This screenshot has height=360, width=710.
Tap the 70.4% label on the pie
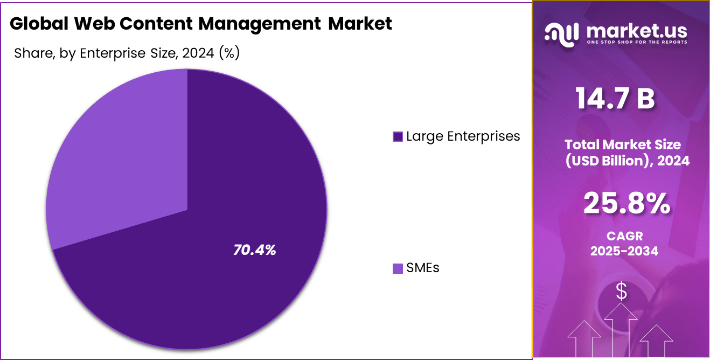coord(254,250)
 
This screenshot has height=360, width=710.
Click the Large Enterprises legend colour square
coord(398,137)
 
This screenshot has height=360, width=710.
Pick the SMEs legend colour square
coord(398,268)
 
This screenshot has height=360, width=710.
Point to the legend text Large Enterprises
coord(463,136)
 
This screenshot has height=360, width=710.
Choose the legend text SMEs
coord(423,268)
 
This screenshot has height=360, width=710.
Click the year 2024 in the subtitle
coord(199,53)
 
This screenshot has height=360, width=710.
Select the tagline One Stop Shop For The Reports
coord(636,42)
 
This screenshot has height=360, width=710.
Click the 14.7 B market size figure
coord(615,99)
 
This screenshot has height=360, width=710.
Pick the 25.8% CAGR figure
coord(627,204)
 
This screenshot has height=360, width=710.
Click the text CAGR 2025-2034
coord(624,243)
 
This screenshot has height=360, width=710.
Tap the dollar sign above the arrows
coord(621,292)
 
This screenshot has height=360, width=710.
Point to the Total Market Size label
coord(623,144)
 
